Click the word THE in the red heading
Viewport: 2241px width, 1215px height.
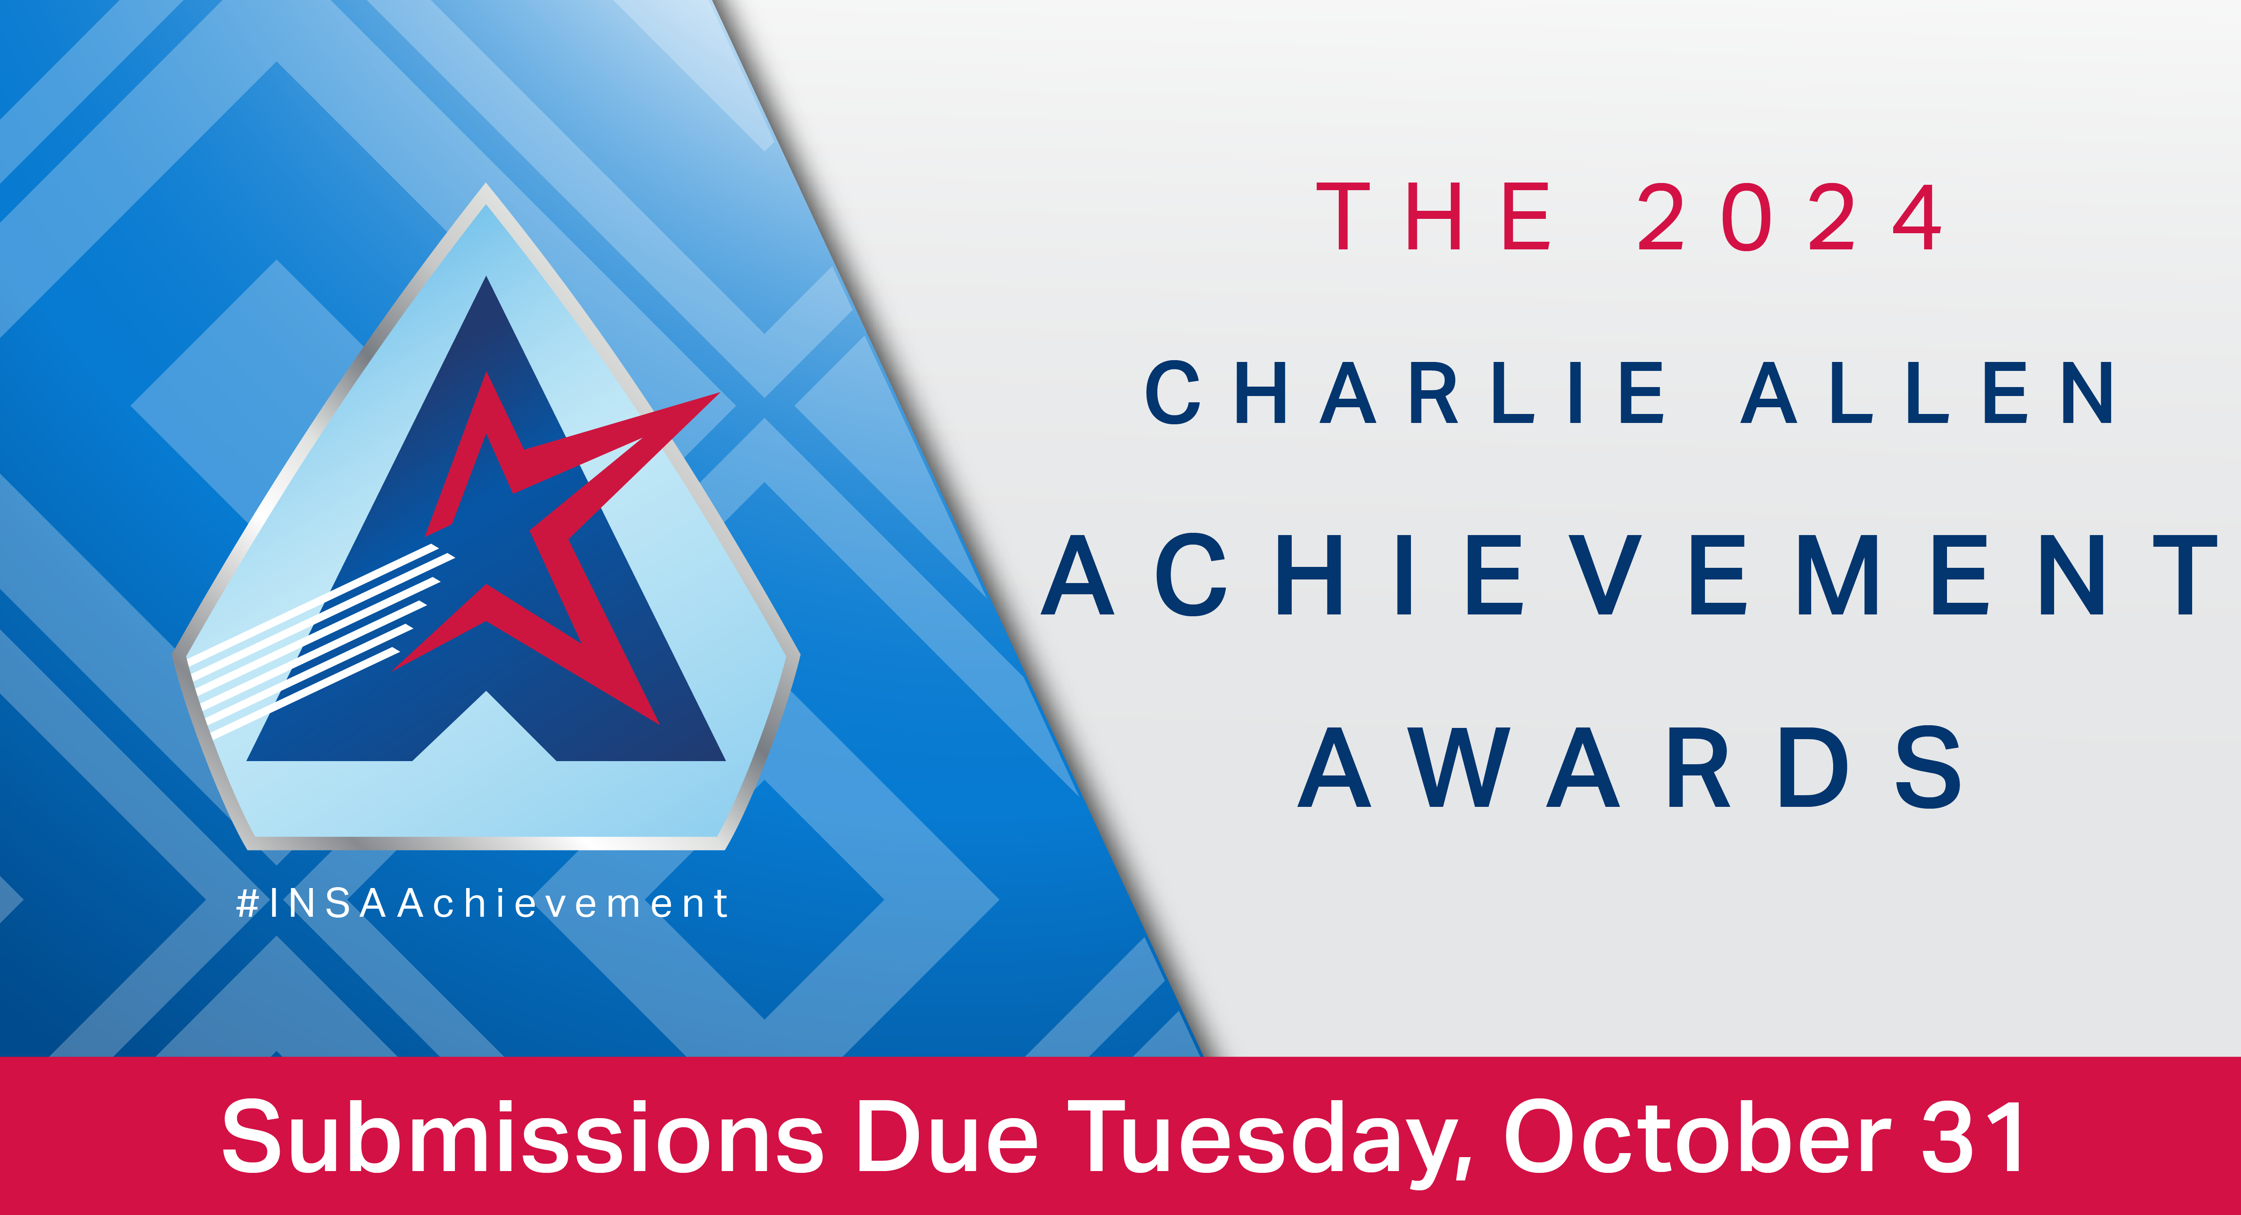[1434, 217]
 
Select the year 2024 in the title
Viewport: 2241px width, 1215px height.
[1790, 217]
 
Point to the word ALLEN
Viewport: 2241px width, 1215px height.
[1926, 392]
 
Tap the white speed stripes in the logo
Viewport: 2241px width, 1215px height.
[322, 640]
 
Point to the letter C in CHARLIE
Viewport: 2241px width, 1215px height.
[1172, 392]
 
